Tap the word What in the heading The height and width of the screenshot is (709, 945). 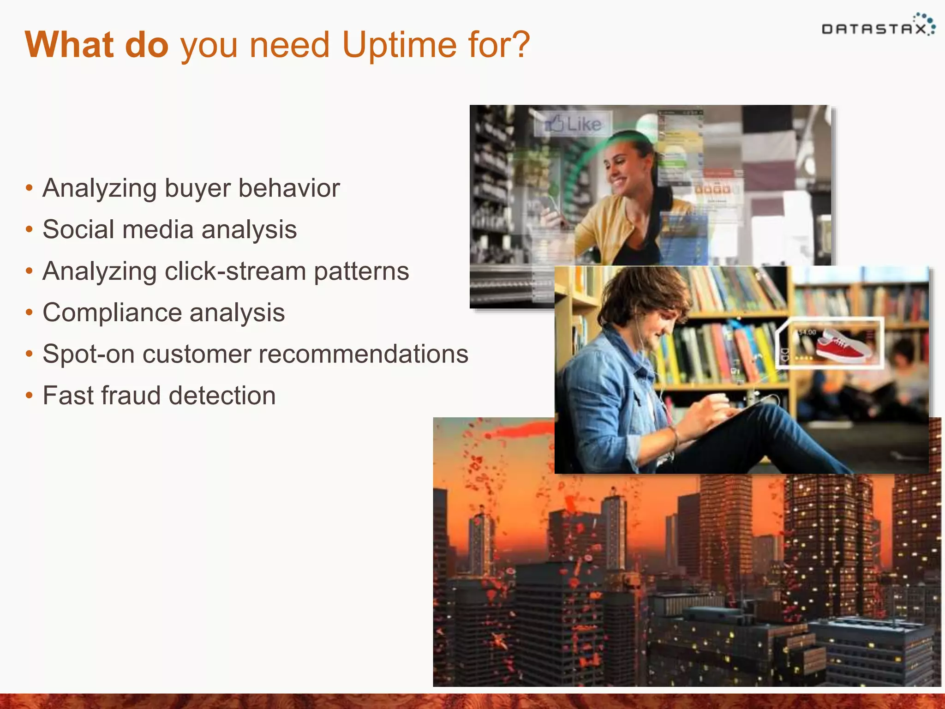(x=69, y=45)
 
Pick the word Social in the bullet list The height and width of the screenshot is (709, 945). (x=78, y=229)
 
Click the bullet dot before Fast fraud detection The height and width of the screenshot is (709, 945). (x=30, y=396)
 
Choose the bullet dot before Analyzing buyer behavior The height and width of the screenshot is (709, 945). (x=30, y=188)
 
